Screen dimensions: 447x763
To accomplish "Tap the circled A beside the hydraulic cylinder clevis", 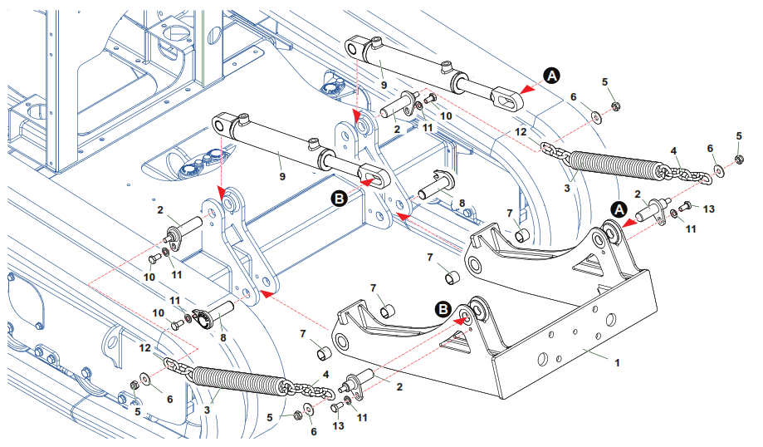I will tap(552, 76).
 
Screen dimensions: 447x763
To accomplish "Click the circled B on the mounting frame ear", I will tap(444, 308).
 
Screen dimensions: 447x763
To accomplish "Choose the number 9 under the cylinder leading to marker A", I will tap(384, 85).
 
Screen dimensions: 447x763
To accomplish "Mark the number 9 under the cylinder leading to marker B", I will tap(282, 176).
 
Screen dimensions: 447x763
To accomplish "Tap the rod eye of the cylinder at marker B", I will tap(374, 177).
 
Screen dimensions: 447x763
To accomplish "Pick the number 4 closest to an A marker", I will tap(674, 151).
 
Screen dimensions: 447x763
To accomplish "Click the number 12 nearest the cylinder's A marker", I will tap(521, 131).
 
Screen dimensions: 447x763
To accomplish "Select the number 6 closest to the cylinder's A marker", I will tap(573, 97).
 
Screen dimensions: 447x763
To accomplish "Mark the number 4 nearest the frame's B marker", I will tap(325, 375).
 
